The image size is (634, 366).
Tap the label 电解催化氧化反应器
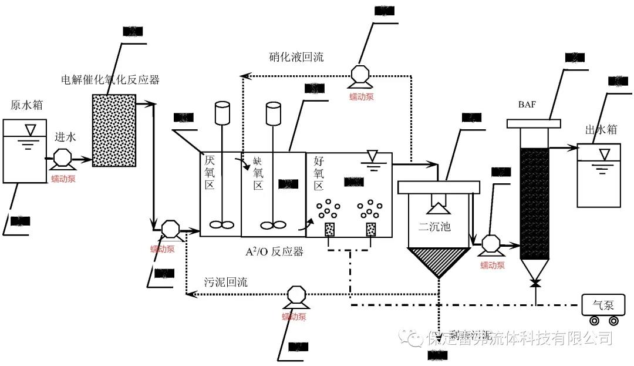pyautogui.click(x=110, y=79)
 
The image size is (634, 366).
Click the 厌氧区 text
pyautogui.click(x=210, y=172)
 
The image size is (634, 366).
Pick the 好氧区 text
pyautogui.click(x=319, y=172)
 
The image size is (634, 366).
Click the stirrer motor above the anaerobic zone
pyautogui.click(x=222, y=113)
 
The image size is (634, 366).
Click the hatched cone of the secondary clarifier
pyautogui.click(x=439, y=261)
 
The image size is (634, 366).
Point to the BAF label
pyautogui.click(x=527, y=105)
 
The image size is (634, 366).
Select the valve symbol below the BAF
pyautogui.click(x=535, y=284)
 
